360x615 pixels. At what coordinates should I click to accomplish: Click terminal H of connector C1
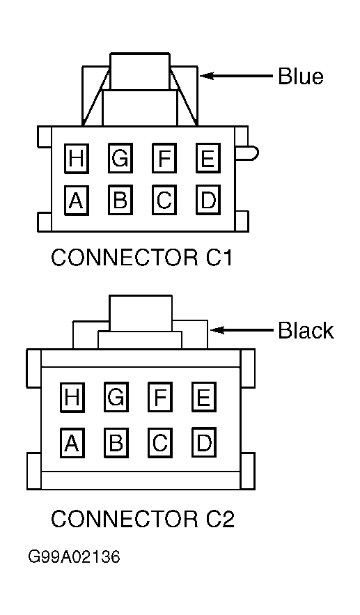pyautogui.click(x=77, y=158)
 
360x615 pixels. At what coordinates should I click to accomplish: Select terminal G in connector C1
pyautogui.click(x=120, y=158)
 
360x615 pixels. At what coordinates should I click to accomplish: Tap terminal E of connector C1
pyautogui.click(x=208, y=158)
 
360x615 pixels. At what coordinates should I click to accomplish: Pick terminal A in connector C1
pyautogui.click(x=77, y=201)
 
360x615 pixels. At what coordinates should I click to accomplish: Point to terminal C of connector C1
pyautogui.click(x=164, y=201)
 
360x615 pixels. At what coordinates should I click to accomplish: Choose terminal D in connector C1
pyautogui.click(x=208, y=201)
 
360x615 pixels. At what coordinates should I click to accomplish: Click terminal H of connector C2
pyautogui.click(x=72, y=397)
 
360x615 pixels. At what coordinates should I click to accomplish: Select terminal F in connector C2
pyautogui.click(x=160, y=397)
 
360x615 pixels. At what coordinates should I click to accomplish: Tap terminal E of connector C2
pyautogui.click(x=204, y=397)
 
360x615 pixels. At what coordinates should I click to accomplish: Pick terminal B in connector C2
pyautogui.click(x=116, y=443)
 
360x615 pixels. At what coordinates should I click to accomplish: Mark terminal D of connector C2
pyautogui.click(x=204, y=443)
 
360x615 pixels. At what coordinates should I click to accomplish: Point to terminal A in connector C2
pyautogui.click(x=72, y=443)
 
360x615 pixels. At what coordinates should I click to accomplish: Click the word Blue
pyautogui.click(x=301, y=76)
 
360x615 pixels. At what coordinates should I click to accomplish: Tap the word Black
pyautogui.click(x=306, y=330)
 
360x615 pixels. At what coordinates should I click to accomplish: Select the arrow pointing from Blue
pyautogui.click(x=237, y=75)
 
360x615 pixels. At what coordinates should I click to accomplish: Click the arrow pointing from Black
pyautogui.click(x=242, y=330)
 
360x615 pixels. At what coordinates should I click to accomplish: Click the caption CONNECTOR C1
pyautogui.click(x=142, y=258)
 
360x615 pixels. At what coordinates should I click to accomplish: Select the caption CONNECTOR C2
pyautogui.click(x=143, y=519)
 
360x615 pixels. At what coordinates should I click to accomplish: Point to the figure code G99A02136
pyautogui.click(x=74, y=556)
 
